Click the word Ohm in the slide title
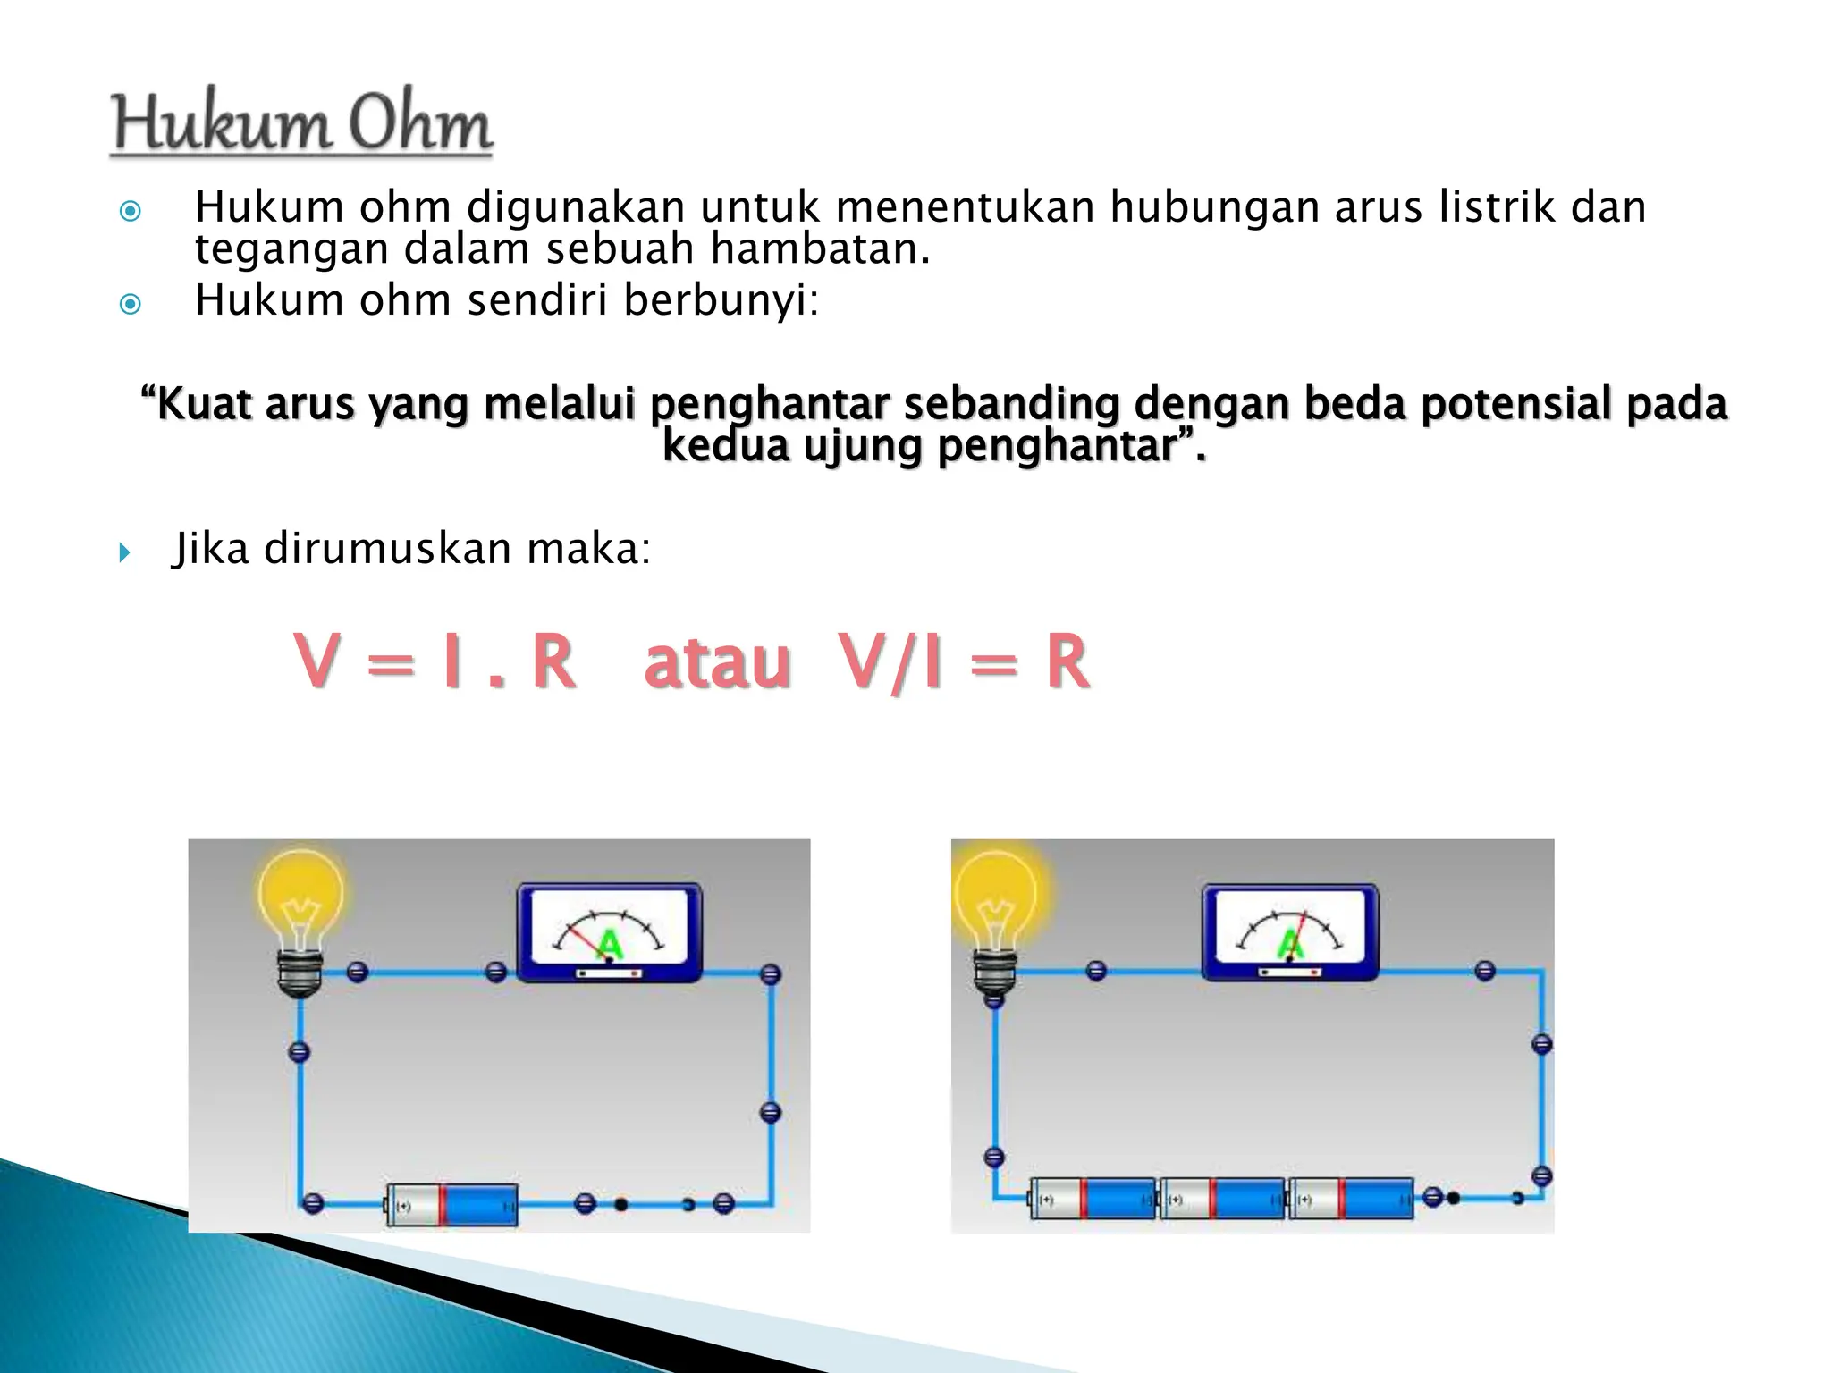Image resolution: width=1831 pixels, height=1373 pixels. (x=420, y=125)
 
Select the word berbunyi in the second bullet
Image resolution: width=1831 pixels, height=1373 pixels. (x=721, y=300)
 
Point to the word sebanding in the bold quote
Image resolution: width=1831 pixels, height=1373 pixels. (x=1011, y=404)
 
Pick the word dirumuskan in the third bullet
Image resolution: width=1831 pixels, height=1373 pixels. (x=387, y=549)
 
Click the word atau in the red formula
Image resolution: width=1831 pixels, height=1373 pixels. (x=717, y=662)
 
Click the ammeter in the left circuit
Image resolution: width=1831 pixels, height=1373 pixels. (x=610, y=932)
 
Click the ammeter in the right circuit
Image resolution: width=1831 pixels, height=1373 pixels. (x=1290, y=932)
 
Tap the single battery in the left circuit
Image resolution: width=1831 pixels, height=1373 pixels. (x=452, y=1205)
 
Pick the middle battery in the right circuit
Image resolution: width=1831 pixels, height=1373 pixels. (x=1222, y=1199)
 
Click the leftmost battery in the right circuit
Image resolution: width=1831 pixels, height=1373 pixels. (x=1093, y=1199)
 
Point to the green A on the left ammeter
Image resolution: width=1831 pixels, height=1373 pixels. (x=610, y=944)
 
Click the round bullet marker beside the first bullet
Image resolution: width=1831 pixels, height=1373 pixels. (x=131, y=212)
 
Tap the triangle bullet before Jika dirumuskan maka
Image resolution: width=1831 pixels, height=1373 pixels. (x=124, y=552)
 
